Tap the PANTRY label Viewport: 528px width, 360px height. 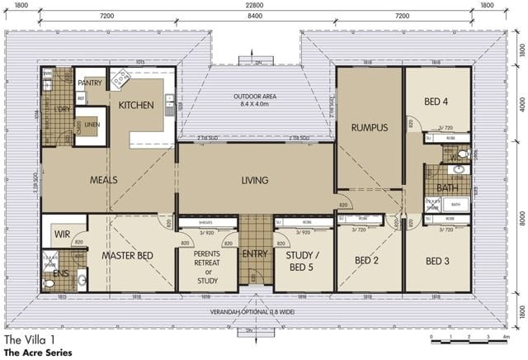click(89, 83)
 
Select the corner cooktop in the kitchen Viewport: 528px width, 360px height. click(120, 79)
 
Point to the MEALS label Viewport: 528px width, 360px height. click(104, 179)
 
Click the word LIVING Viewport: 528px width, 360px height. click(255, 180)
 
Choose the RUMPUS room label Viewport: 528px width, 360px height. click(368, 127)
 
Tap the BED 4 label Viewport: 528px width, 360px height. click(436, 102)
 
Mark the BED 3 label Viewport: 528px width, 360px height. click(438, 261)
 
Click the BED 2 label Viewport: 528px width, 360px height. click(368, 261)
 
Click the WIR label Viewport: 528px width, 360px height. click(63, 234)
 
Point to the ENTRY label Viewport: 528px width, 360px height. click(256, 253)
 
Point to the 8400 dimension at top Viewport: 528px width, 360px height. click(255, 16)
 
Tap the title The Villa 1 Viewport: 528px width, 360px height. click(30, 339)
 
